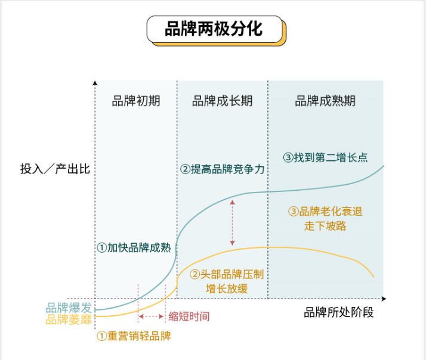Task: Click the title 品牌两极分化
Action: [214, 29]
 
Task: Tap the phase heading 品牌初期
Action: [136, 101]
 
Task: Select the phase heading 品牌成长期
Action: [222, 101]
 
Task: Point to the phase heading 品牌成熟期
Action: [325, 101]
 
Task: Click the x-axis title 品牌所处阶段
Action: [339, 312]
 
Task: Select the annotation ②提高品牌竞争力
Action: [223, 169]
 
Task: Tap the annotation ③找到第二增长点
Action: [325, 158]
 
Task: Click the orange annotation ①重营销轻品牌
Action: [134, 336]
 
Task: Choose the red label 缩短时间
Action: [189, 316]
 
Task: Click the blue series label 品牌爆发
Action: [69, 308]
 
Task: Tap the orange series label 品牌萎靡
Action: [69, 319]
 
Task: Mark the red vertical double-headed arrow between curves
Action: [232, 224]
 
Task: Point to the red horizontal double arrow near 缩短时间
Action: [152, 316]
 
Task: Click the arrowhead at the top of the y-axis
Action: [95, 81]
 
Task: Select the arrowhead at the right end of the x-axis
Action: [388, 298]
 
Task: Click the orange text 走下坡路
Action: [325, 226]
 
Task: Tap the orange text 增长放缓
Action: [227, 289]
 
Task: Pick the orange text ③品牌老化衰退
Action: [325, 212]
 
